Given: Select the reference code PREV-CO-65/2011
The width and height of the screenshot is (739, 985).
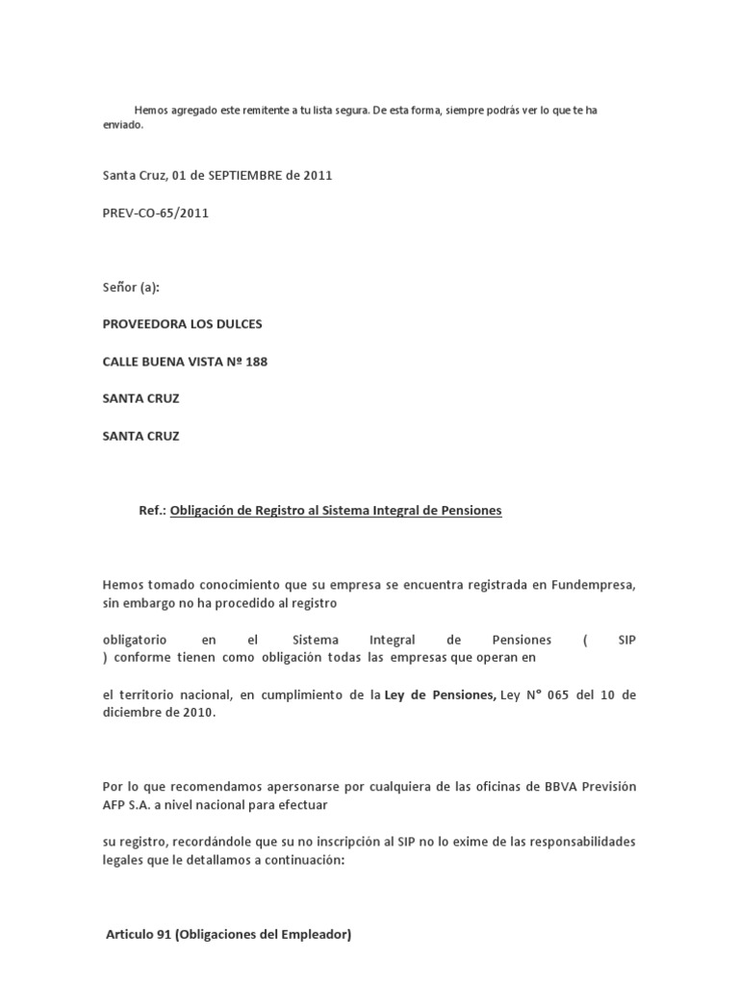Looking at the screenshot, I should point(156,214).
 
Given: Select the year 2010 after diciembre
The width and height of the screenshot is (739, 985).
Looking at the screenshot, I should point(192,713).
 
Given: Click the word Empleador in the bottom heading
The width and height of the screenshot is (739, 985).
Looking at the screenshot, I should point(313,934).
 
